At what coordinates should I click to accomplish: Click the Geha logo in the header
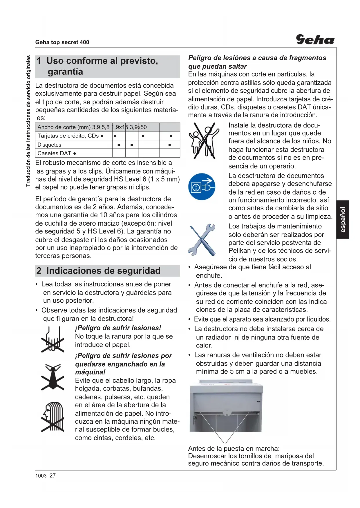tap(315, 39)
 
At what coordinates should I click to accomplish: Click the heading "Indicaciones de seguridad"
tap(103, 271)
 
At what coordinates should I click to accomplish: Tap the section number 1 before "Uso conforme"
tap(39, 61)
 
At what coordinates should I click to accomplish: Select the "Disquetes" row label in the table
tap(49, 145)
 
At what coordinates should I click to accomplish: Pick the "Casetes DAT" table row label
tap(55, 153)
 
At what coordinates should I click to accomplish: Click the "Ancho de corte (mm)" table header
tap(64, 127)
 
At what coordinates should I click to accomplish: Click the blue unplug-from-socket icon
tap(202, 187)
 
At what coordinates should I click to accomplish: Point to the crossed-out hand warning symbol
tap(53, 339)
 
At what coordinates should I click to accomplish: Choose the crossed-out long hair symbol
tap(53, 417)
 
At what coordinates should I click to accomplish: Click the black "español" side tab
tap(343, 219)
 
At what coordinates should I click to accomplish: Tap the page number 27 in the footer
tap(53, 476)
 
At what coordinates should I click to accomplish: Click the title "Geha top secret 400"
tap(62, 42)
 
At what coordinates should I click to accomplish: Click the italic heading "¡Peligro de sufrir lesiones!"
tap(118, 328)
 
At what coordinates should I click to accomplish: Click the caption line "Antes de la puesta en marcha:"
tap(234, 449)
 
